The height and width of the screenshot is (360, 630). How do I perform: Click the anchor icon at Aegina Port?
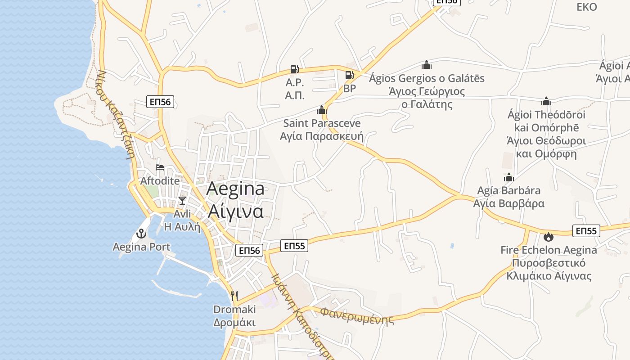141,234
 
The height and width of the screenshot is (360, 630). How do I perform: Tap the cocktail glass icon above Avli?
182,200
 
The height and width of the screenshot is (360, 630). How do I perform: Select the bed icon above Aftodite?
160,167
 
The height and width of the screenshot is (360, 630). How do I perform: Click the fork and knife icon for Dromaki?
234,296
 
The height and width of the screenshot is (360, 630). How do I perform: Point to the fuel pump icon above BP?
349,75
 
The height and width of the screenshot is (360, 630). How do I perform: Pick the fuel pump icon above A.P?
294,69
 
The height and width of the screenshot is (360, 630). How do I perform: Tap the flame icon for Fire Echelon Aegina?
548,236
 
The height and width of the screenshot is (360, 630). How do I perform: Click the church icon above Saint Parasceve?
321,109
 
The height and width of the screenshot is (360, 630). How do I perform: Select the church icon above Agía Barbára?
508,177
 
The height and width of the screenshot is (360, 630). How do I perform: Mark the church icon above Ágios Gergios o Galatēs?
426,65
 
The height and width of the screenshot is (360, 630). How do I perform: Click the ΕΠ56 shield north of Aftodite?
160,102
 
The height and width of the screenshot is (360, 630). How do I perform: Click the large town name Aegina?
235,189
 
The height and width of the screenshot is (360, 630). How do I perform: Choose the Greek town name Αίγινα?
235,211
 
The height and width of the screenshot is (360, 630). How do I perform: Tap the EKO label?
587,7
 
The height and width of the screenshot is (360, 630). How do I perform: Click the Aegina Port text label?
141,247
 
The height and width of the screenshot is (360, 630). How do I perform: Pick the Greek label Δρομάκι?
234,323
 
